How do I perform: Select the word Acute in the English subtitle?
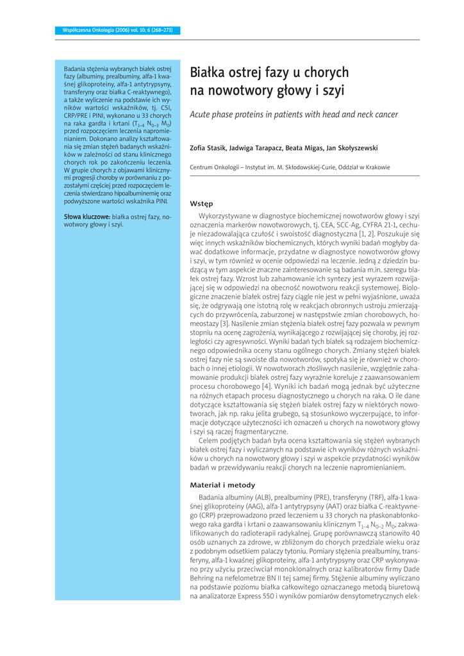[203, 115]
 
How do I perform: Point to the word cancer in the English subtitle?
[385, 115]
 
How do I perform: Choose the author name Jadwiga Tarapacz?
[256, 148]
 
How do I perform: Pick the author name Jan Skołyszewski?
[353, 148]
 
